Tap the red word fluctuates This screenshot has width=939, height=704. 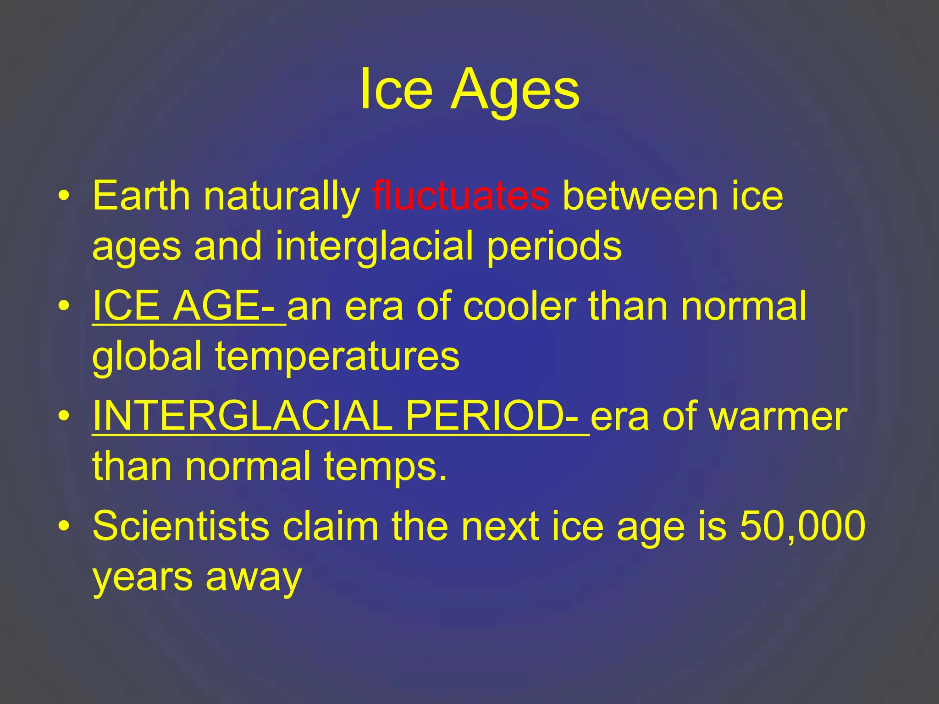(460, 196)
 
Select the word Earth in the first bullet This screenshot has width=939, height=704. (141, 196)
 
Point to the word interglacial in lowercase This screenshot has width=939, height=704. (374, 247)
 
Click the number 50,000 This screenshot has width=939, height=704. (802, 526)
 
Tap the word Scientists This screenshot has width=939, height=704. (181, 526)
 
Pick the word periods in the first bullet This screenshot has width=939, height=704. (554, 247)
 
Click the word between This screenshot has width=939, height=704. (640, 196)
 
